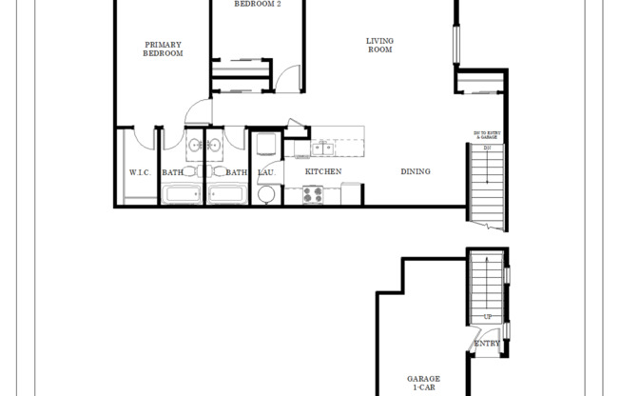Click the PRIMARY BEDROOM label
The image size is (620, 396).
pyautogui.click(x=163, y=49)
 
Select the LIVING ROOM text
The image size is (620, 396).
pyautogui.click(x=380, y=45)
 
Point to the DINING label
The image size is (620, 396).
pyautogui.click(x=416, y=172)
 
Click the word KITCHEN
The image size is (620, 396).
pyautogui.click(x=323, y=172)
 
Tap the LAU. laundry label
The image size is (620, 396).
pyautogui.click(x=266, y=172)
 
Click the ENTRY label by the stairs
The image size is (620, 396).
pyautogui.click(x=488, y=344)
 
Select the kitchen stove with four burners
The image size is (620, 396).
pyautogui.click(x=315, y=194)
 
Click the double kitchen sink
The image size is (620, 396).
pyautogui.click(x=321, y=148)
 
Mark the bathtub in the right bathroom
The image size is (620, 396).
pyautogui.click(x=227, y=195)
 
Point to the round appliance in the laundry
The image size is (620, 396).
pyautogui.click(x=267, y=195)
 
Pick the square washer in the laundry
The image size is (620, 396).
pyautogui.click(x=267, y=146)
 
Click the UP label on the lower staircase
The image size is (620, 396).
pyautogui.click(x=488, y=316)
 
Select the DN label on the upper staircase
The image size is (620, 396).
pyautogui.click(x=486, y=148)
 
